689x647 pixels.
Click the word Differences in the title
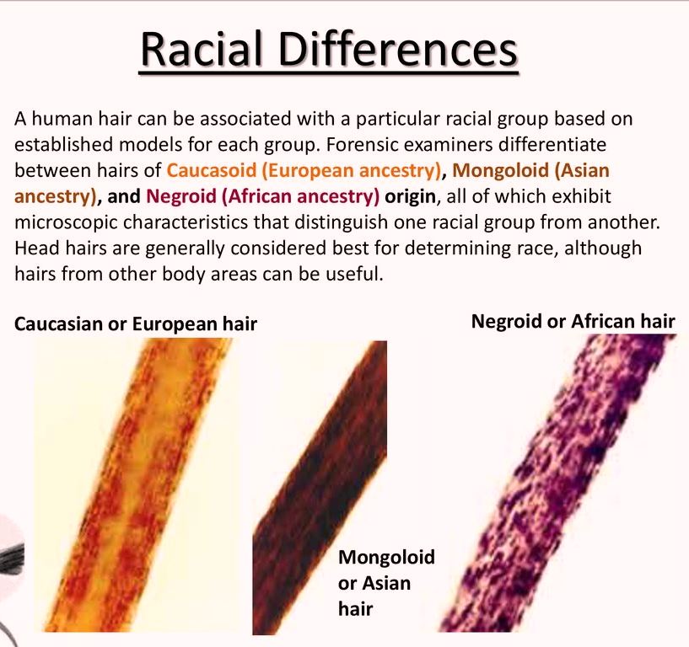pos(398,49)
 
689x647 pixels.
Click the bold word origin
pos(410,196)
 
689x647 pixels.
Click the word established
pos(64,144)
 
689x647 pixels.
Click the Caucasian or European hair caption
pos(135,324)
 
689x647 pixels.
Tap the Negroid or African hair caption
pos(573,322)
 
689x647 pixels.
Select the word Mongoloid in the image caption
pos(386,557)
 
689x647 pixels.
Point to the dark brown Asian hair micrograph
pos(320,487)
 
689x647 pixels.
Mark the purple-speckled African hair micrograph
pos(557,483)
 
